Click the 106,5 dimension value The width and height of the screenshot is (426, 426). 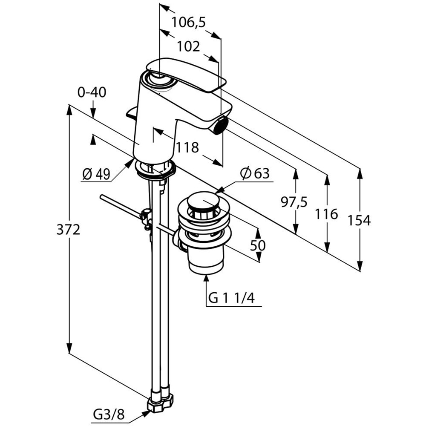pyautogui.click(x=188, y=22)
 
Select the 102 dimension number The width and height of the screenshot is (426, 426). pyautogui.click(x=188, y=46)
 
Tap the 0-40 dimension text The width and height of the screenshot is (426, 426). pyautogui.click(x=92, y=92)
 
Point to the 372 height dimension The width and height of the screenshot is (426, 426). pyautogui.click(x=68, y=230)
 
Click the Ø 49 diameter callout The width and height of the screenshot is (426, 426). pyautogui.click(x=96, y=174)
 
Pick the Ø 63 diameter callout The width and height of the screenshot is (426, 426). pyautogui.click(x=255, y=173)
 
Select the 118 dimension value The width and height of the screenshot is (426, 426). pyautogui.click(x=188, y=148)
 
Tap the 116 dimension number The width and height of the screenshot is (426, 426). pyautogui.click(x=326, y=214)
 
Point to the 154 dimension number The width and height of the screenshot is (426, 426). pyautogui.click(x=359, y=220)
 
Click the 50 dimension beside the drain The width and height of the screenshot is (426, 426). pyautogui.click(x=258, y=245)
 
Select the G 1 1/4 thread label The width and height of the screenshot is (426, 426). pyautogui.click(x=231, y=299)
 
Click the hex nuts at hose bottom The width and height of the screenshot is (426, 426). pyautogui.click(x=161, y=400)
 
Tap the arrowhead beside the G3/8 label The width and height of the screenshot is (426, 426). pyautogui.click(x=147, y=409)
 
